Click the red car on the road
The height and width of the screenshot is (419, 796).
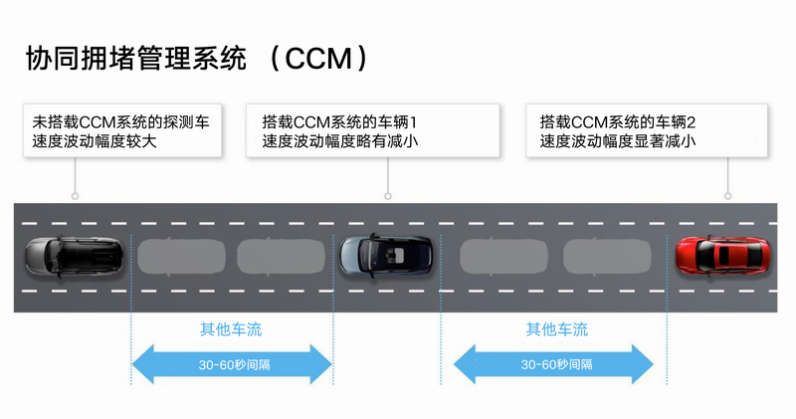tap(721, 256)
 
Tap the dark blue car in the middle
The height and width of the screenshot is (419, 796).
tap(386, 256)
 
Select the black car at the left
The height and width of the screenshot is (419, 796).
tap(73, 256)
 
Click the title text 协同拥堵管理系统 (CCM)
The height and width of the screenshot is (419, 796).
tap(199, 59)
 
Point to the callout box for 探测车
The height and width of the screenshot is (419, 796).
tap(122, 130)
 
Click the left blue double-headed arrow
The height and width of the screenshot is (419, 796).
tap(232, 364)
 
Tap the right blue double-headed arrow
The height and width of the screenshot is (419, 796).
tap(556, 364)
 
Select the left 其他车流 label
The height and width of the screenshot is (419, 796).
tap(232, 329)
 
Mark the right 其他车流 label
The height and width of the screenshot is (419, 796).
tap(556, 329)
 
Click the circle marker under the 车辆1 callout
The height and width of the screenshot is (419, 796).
tap(387, 196)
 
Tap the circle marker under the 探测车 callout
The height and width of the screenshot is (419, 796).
tap(75, 196)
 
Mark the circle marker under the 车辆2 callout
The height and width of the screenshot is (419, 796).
tap(729, 196)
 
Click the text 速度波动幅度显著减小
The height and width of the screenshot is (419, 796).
tap(617, 141)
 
